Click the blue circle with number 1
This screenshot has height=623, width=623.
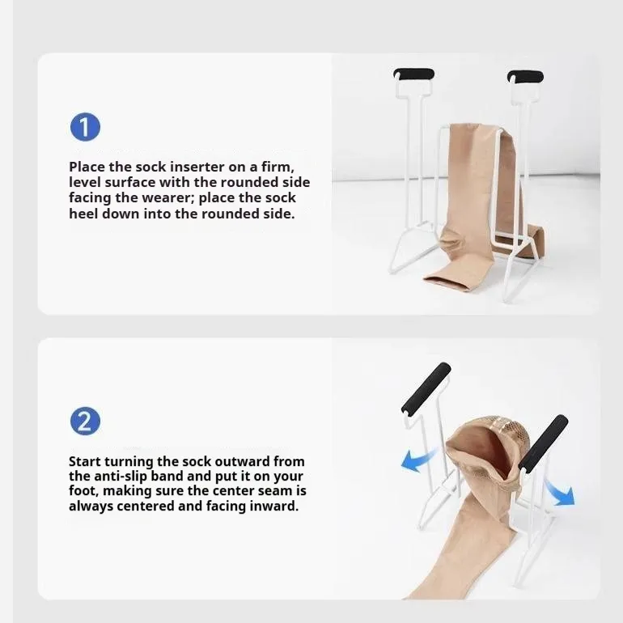coord(85,128)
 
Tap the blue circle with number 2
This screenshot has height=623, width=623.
coord(85,422)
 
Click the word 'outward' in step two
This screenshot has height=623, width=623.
coord(225,461)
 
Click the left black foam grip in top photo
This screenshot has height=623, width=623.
coord(413,74)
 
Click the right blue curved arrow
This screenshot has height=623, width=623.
coord(559,490)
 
